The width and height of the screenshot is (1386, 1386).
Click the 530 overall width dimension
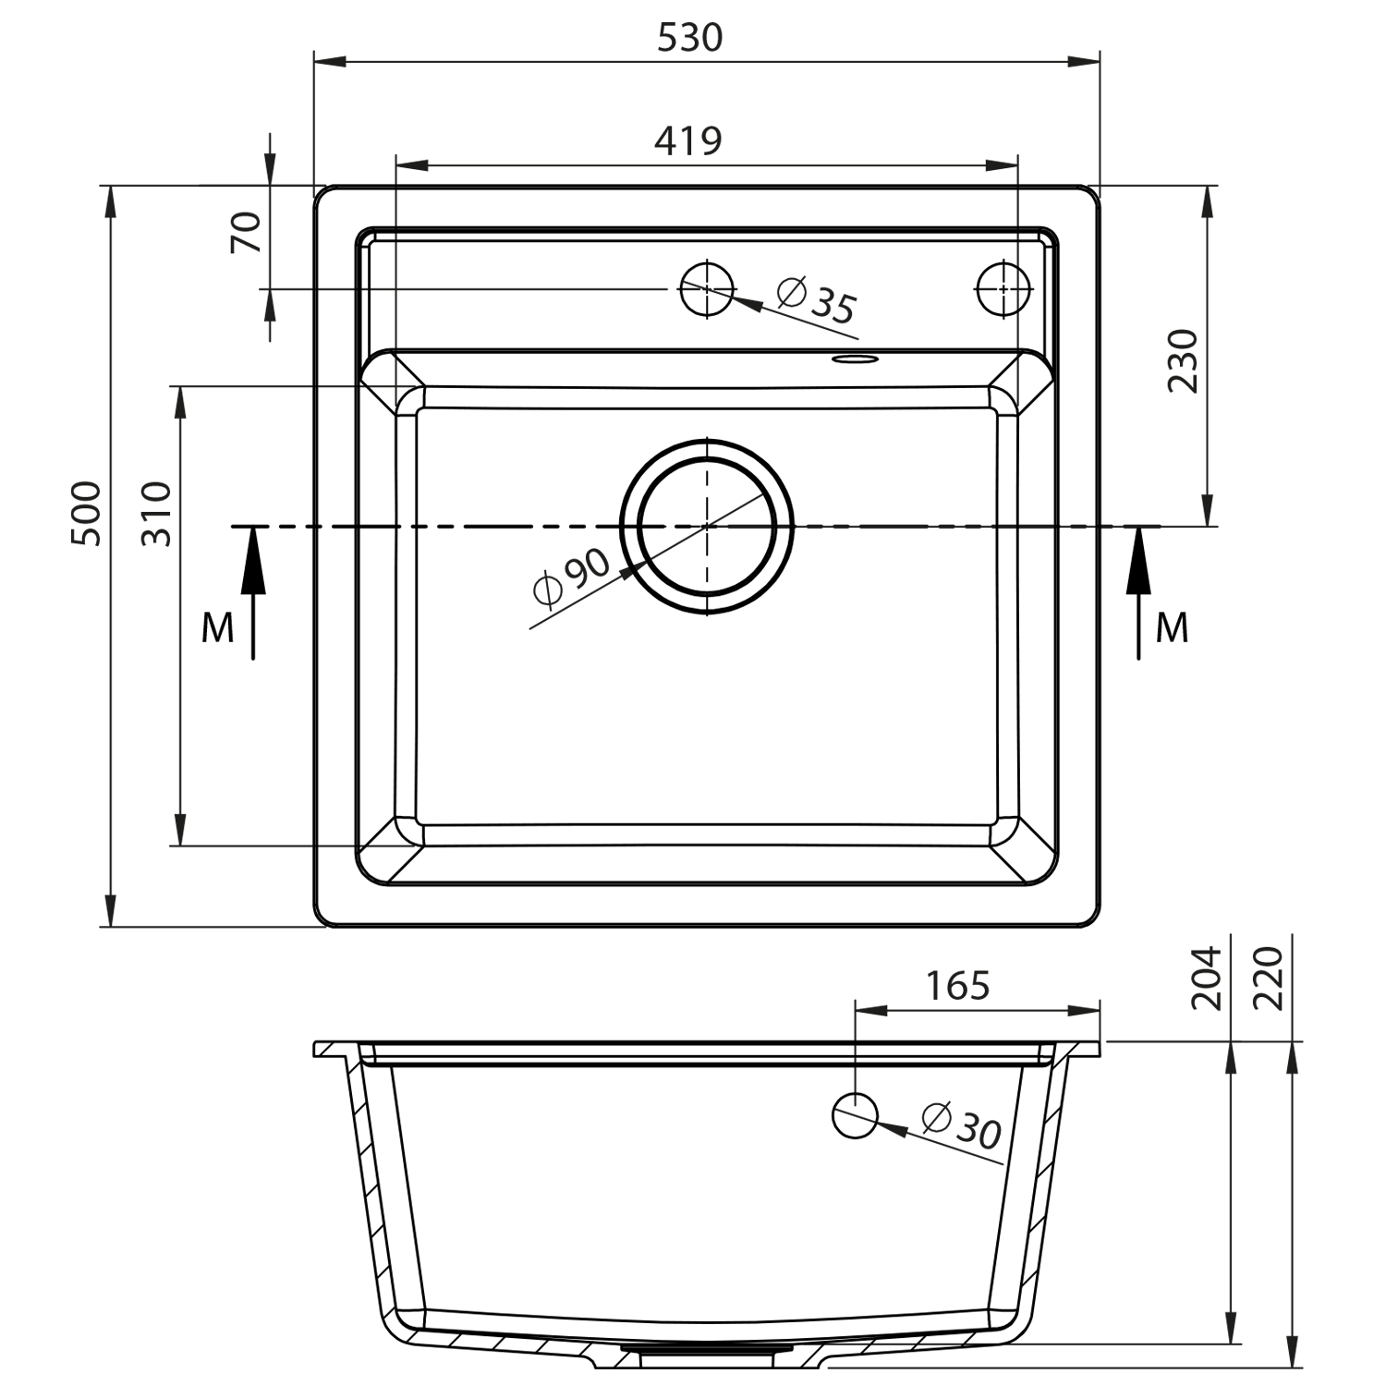[x=689, y=38]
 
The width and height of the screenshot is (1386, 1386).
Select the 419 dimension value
[x=688, y=140]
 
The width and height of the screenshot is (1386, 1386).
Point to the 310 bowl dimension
[x=157, y=514]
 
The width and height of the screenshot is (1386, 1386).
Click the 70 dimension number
[x=247, y=232]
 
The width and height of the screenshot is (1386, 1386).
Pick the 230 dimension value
[x=1183, y=360]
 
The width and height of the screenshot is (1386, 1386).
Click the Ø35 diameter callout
[x=817, y=300]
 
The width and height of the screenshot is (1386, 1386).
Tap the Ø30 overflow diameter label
[x=962, y=1125]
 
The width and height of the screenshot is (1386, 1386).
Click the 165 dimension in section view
[x=958, y=986]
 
